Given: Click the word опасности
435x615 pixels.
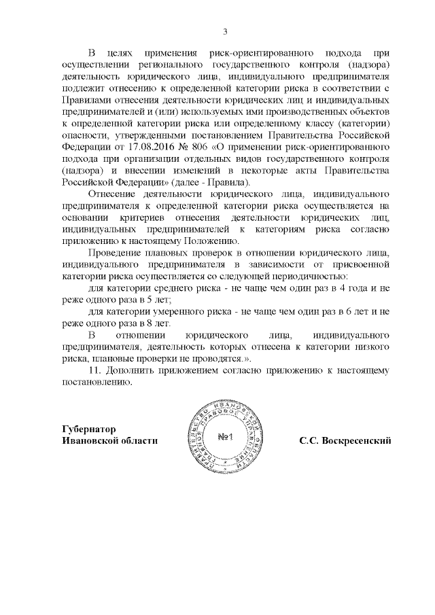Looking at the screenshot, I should pos(85,136).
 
